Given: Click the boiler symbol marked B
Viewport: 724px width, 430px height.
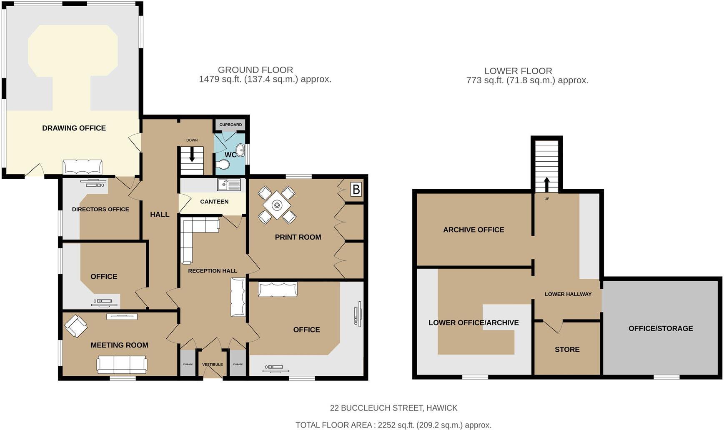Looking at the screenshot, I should [356, 190].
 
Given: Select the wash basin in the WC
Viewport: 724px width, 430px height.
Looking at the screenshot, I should [240, 149].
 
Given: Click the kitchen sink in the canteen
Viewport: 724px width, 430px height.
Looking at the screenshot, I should [228, 184].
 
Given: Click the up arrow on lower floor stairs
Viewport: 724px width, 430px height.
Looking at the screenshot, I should [546, 184].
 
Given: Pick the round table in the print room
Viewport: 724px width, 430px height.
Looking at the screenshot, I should [277, 205].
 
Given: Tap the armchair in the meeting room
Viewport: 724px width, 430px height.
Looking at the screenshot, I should [76, 326].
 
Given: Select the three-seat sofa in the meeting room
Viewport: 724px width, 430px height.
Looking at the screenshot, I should [122, 365].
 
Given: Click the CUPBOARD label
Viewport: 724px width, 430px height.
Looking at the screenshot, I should [230, 125].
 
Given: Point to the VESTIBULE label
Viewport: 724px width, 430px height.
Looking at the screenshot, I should [213, 365].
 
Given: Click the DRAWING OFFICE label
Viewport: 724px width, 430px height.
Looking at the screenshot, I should [74, 128].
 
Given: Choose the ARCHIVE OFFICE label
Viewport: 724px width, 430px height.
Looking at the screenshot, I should [473, 230].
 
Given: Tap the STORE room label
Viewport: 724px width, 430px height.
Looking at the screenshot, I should [567, 350].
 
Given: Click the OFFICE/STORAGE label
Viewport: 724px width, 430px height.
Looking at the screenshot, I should [660, 328].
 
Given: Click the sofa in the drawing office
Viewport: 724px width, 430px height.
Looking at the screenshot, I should [83, 167].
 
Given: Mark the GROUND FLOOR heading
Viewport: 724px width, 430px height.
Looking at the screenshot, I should [255, 70].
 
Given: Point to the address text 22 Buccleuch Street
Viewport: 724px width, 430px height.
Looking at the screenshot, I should [393, 408].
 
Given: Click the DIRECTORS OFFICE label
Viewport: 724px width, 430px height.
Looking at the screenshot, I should [100, 210].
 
